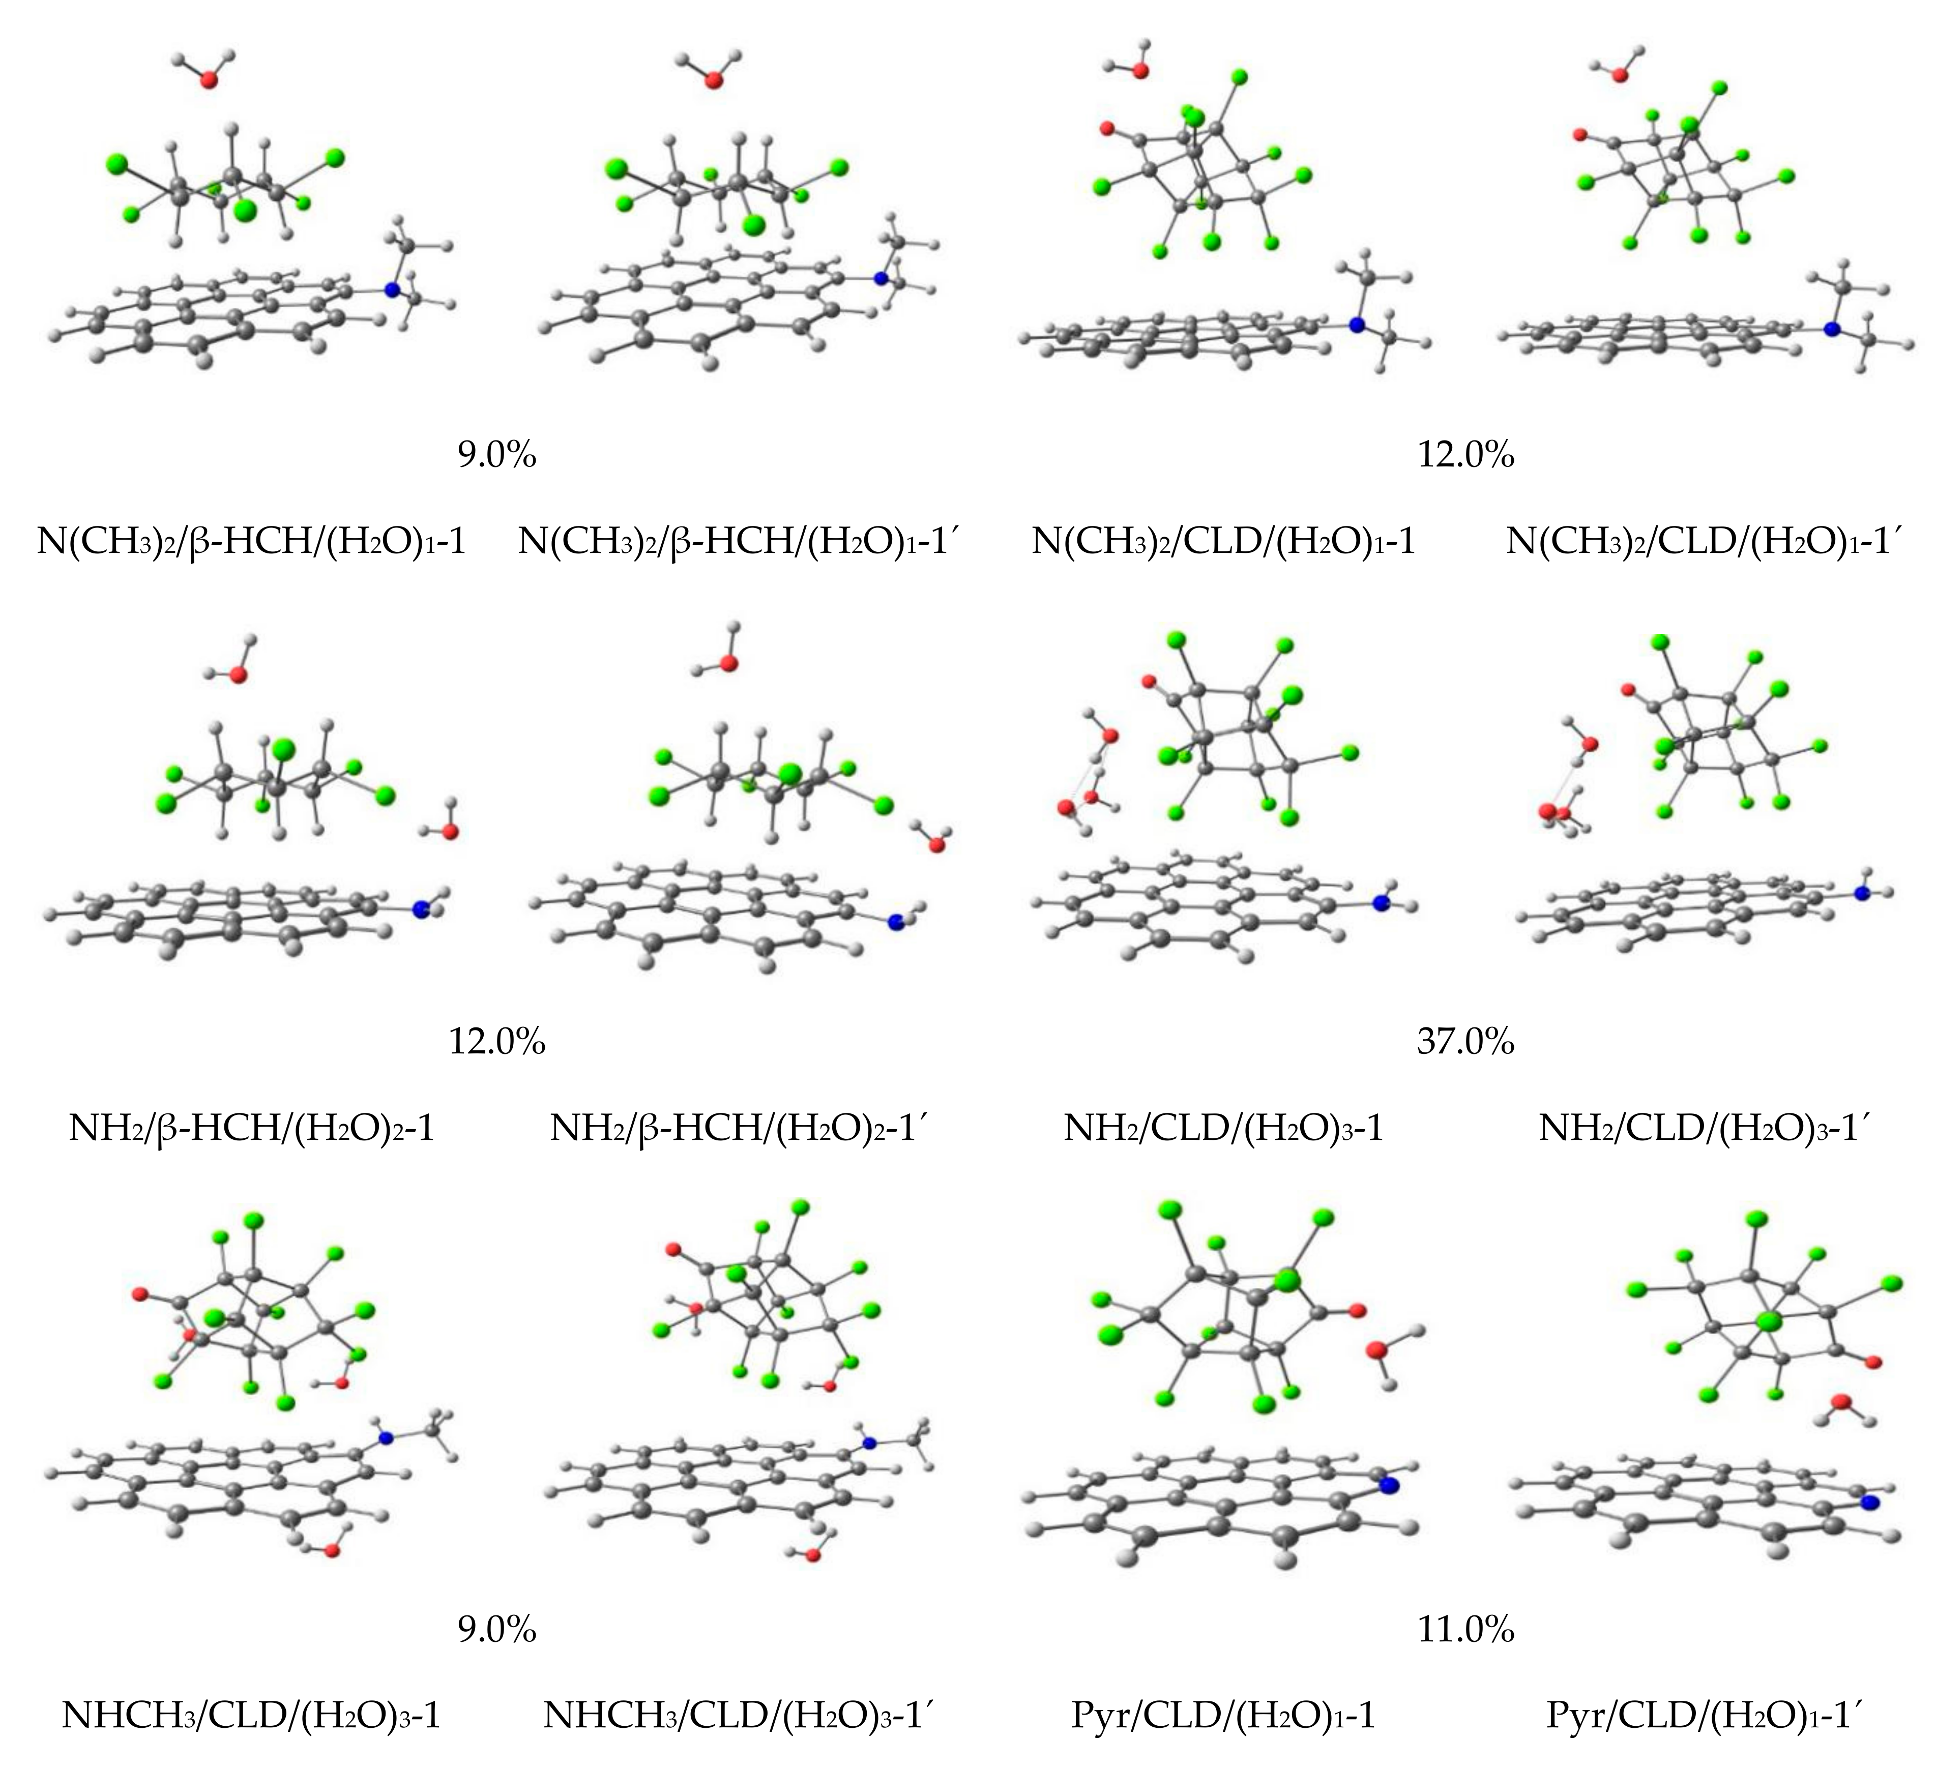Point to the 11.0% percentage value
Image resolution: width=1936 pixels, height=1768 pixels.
click(x=1465, y=1630)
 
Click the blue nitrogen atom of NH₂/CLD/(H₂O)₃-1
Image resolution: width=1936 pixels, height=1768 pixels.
click(x=1381, y=903)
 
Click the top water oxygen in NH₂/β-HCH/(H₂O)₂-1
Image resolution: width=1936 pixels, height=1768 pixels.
click(x=237, y=675)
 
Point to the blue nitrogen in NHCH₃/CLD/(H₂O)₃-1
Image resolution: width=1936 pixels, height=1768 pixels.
click(x=386, y=1437)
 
